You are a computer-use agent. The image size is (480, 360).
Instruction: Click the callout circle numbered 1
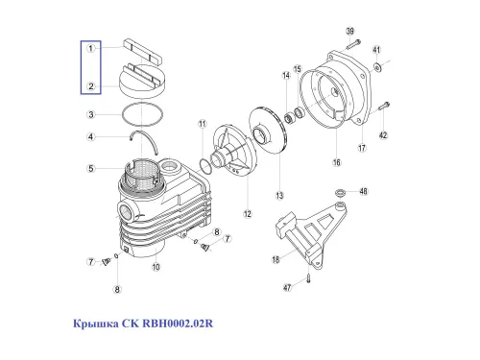(89, 47)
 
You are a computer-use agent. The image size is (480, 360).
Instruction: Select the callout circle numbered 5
(89, 169)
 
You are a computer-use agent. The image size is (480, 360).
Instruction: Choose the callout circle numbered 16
(337, 164)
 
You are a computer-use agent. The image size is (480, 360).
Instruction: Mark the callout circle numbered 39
(350, 32)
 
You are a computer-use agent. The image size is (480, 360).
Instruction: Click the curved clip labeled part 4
(142, 144)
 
